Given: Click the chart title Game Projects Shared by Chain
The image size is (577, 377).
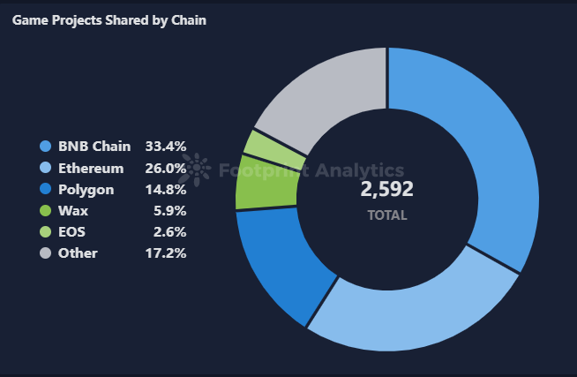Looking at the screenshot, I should tap(109, 19).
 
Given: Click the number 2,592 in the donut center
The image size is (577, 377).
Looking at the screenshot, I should tap(386, 189).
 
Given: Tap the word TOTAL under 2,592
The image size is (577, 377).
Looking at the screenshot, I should tap(386, 215).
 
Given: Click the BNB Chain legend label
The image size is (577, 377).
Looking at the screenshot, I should tap(94, 147).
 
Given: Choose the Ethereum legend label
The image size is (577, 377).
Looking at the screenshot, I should tap(91, 168).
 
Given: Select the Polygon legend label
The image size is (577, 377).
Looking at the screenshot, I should tap(86, 189).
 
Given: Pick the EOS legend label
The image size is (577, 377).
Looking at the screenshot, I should tap(71, 231).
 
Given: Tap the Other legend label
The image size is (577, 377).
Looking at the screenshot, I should tap(78, 253).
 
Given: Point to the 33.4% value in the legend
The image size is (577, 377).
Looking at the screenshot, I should tap(166, 147).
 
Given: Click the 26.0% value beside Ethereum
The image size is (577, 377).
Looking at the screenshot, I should tap(166, 168).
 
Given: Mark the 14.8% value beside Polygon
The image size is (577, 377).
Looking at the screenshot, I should tap(166, 189).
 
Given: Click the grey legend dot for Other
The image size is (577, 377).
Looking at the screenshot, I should tap(45, 253).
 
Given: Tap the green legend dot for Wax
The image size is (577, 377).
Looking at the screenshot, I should tap(45, 211).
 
